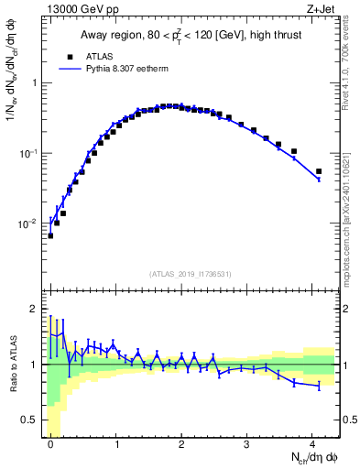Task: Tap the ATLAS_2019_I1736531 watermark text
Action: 191,273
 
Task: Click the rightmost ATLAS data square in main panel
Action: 319,171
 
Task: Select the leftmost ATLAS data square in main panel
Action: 50,235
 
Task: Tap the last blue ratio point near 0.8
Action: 319,387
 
